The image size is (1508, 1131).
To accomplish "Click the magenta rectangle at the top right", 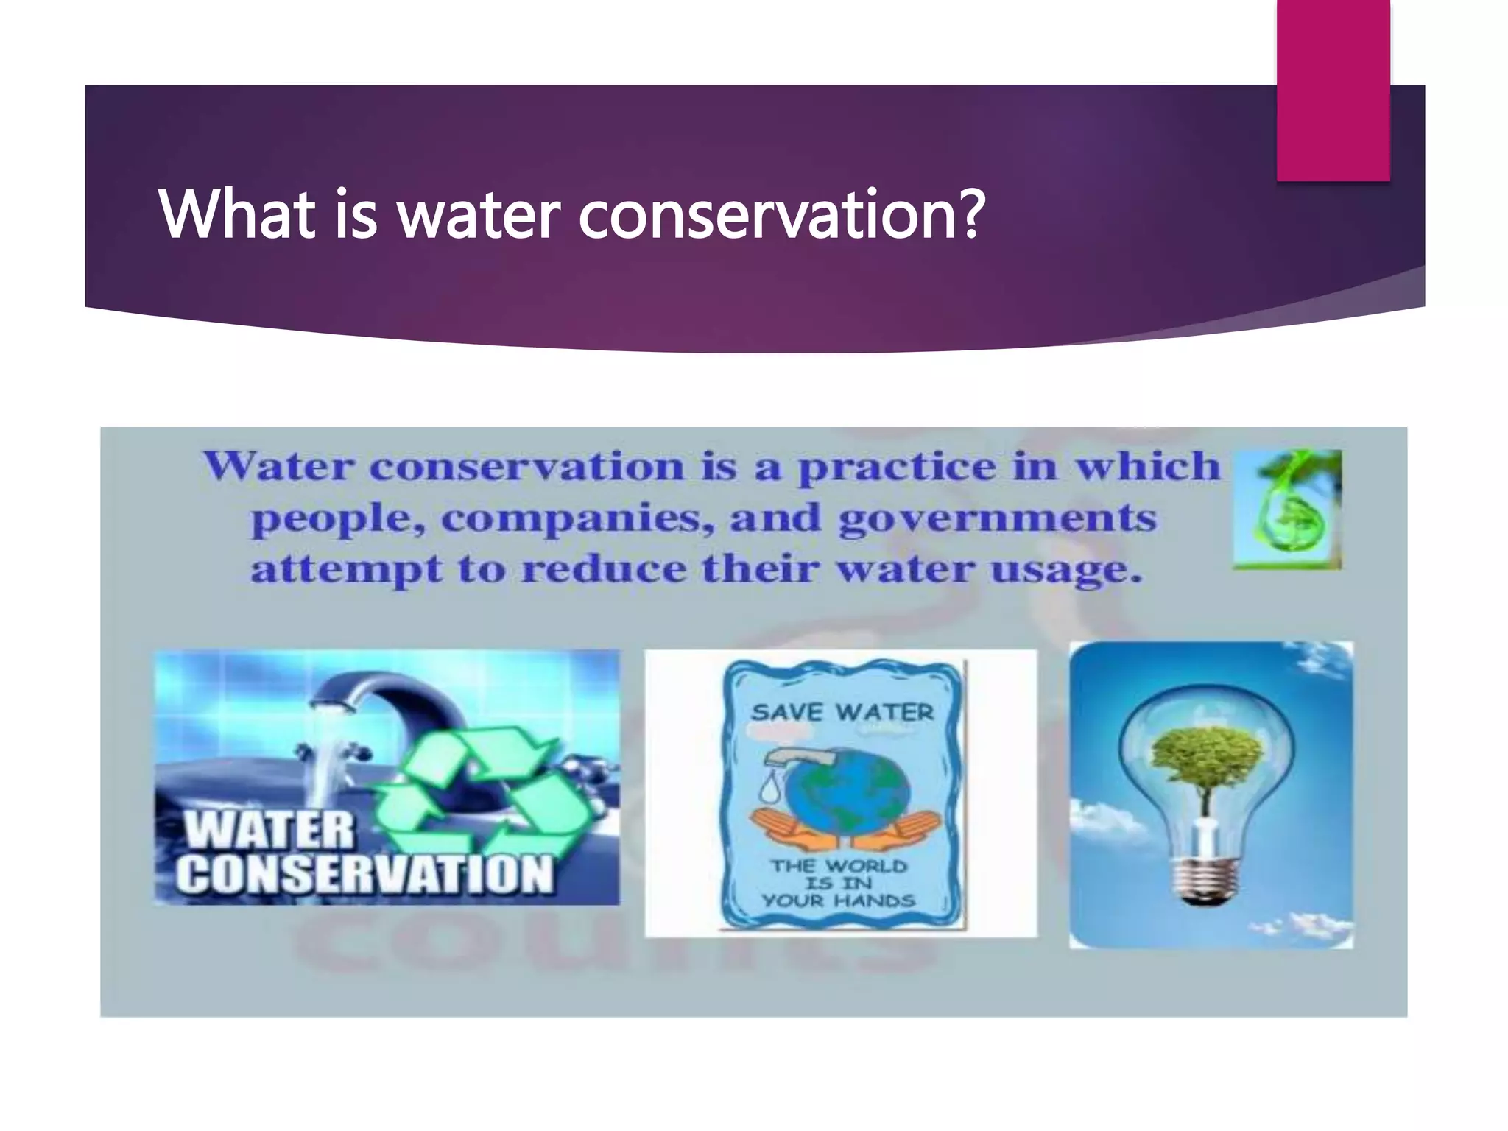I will point(1333,88).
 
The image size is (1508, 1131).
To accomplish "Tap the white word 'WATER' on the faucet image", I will point(269,830).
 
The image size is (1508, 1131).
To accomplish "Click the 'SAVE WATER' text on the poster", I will point(842,712).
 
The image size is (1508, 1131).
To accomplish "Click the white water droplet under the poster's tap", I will point(770,789).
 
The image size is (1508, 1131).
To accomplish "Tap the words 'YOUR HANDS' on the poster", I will point(839,901).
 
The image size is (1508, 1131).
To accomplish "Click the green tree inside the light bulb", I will point(1206,758).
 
